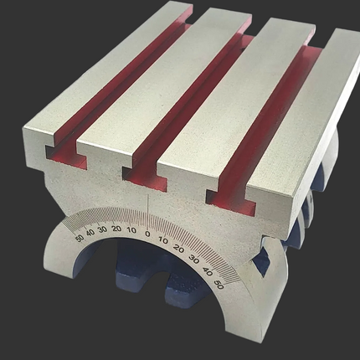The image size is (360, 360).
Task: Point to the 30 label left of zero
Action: [103, 229]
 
